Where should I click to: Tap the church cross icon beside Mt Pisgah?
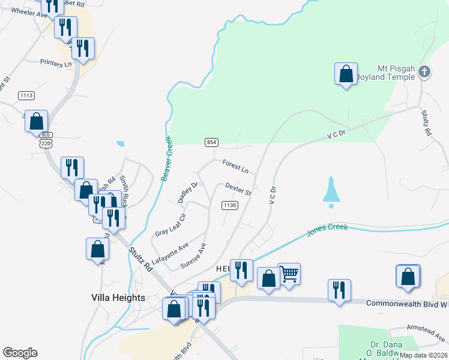click(x=424, y=73)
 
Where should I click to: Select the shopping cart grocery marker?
click(x=289, y=275)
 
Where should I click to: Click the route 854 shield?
click(x=211, y=142)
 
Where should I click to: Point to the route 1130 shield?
click(x=230, y=205)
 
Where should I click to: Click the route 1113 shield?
click(x=26, y=95)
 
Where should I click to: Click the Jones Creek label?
click(x=327, y=230)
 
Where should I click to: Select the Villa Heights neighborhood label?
click(x=118, y=298)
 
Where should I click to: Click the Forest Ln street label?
click(x=235, y=166)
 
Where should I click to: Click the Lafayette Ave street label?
click(x=170, y=253)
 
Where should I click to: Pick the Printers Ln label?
click(x=56, y=62)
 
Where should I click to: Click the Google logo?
click(x=20, y=353)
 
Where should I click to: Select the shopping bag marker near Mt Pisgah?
click(x=346, y=75)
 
